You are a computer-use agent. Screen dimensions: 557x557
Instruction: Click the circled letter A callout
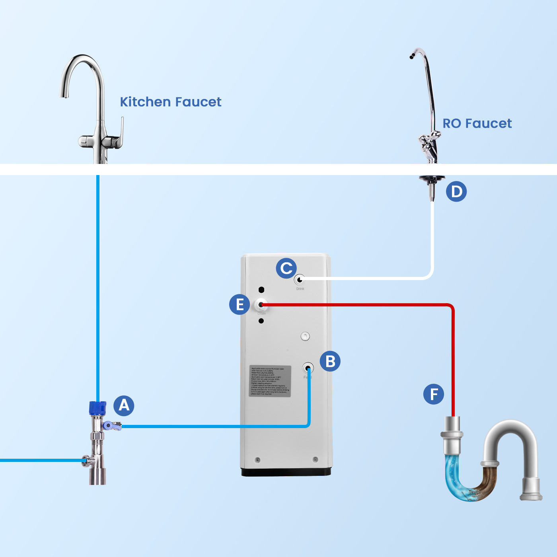pyautogui.click(x=124, y=405)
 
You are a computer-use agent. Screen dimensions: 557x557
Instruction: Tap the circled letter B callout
pyautogui.click(x=330, y=361)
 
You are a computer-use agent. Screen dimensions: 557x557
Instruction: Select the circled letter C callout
pyautogui.click(x=286, y=268)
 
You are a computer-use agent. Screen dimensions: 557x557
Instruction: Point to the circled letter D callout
pyautogui.click(x=456, y=191)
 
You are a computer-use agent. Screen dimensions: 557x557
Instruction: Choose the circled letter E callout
pyautogui.click(x=240, y=304)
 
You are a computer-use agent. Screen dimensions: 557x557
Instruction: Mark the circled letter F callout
pyautogui.click(x=434, y=394)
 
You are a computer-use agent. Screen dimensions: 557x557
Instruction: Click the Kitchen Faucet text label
pyautogui.click(x=171, y=102)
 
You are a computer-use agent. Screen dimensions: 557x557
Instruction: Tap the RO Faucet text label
pyautogui.click(x=477, y=123)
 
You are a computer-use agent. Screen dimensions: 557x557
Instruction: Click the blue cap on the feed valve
pyautogui.click(x=97, y=408)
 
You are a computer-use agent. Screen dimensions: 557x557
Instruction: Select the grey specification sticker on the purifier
pyautogui.click(x=270, y=381)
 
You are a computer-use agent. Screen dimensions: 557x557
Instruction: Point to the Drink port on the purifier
pyautogui.click(x=300, y=280)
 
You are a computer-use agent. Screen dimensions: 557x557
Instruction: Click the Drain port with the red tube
pyautogui.click(x=261, y=305)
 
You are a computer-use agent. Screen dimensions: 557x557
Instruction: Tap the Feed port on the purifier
pyautogui.click(x=308, y=368)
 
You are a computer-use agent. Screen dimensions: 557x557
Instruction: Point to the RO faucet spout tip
pyautogui.click(x=412, y=57)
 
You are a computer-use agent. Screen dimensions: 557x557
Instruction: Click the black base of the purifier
pyautogui.click(x=286, y=472)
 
